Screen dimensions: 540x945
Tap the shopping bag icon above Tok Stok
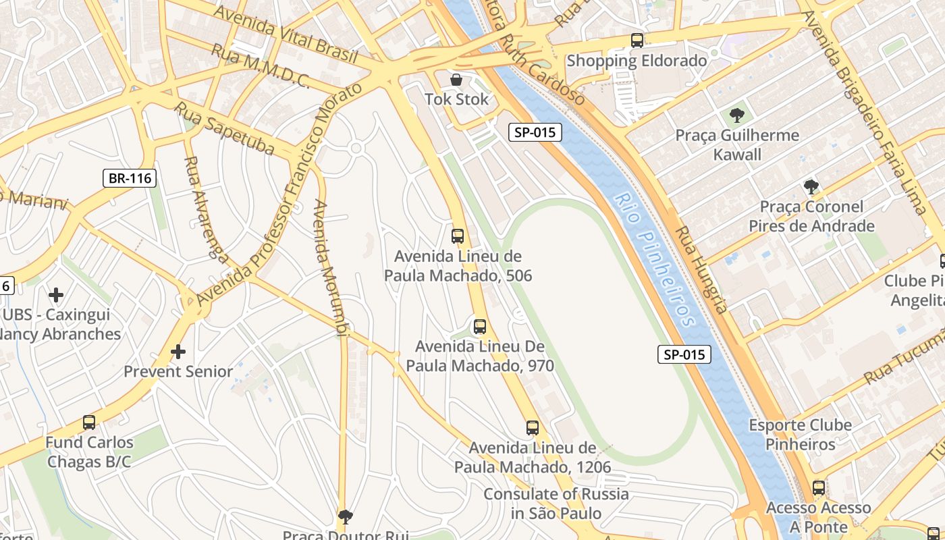[x=456, y=80]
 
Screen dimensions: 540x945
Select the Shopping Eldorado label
[x=637, y=61]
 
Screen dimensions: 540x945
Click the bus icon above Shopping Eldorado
[x=637, y=40]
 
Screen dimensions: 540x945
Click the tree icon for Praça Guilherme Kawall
[x=737, y=115]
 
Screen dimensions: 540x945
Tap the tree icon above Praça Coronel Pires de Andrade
[x=811, y=186]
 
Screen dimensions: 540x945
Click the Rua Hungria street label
[x=702, y=270]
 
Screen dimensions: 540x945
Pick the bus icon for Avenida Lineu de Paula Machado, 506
[x=458, y=236]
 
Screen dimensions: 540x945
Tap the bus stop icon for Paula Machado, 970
[x=480, y=327]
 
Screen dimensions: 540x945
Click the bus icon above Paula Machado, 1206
[x=533, y=427]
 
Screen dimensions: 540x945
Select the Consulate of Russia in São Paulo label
[x=556, y=504]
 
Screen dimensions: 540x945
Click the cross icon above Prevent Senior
[x=178, y=352]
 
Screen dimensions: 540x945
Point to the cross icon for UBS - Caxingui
[x=56, y=295]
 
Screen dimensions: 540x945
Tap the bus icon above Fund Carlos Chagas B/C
[x=89, y=423]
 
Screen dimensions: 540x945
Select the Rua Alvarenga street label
[x=206, y=209]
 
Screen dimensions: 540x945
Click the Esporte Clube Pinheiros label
[x=800, y=435]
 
